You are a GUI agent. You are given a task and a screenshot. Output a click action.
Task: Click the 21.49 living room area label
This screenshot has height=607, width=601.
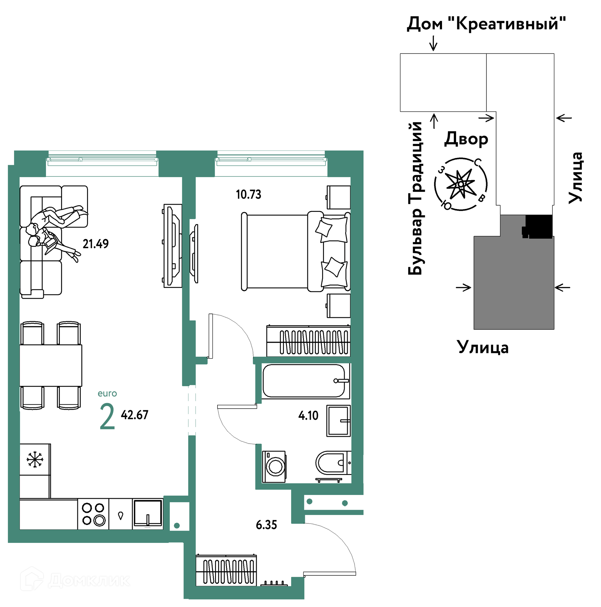tap(95, 244)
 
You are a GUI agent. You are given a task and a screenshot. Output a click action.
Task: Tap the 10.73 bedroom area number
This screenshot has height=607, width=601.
tap(249, 195)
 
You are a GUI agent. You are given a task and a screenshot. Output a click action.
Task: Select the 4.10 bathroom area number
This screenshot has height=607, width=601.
tap(308, 416)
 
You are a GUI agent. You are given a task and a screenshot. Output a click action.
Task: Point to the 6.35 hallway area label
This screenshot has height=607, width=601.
tap(267, 525)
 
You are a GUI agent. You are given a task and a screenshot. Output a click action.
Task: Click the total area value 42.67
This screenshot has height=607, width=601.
tap(135, 415)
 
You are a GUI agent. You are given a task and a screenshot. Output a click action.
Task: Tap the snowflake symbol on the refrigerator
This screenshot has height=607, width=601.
tap(35, 459)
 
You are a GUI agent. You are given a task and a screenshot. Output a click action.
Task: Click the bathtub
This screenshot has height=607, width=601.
tap(306, 381)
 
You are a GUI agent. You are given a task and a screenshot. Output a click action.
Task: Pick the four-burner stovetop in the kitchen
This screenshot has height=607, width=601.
tap(93, 514)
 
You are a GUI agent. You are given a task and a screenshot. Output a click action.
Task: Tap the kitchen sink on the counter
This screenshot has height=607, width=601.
tap(148, 513)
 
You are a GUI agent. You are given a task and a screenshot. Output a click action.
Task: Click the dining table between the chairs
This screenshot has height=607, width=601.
tap(51, 365)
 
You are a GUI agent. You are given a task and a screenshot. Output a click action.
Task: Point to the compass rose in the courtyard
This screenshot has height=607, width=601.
tap(461, 184)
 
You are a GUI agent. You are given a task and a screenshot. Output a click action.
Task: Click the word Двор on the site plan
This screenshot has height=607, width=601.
tap(466, 139)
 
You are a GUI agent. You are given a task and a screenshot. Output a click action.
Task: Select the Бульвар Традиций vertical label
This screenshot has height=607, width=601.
tap(416, 198)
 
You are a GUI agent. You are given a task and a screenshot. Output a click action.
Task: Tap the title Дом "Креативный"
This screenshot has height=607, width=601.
tap(486, 23)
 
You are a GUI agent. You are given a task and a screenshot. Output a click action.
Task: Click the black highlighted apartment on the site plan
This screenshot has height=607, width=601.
tap(538, 227)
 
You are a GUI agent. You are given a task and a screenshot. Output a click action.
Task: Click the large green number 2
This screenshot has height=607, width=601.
tap(107, 416)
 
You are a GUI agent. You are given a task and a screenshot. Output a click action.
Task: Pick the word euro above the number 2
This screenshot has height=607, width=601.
tap(107, 394)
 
